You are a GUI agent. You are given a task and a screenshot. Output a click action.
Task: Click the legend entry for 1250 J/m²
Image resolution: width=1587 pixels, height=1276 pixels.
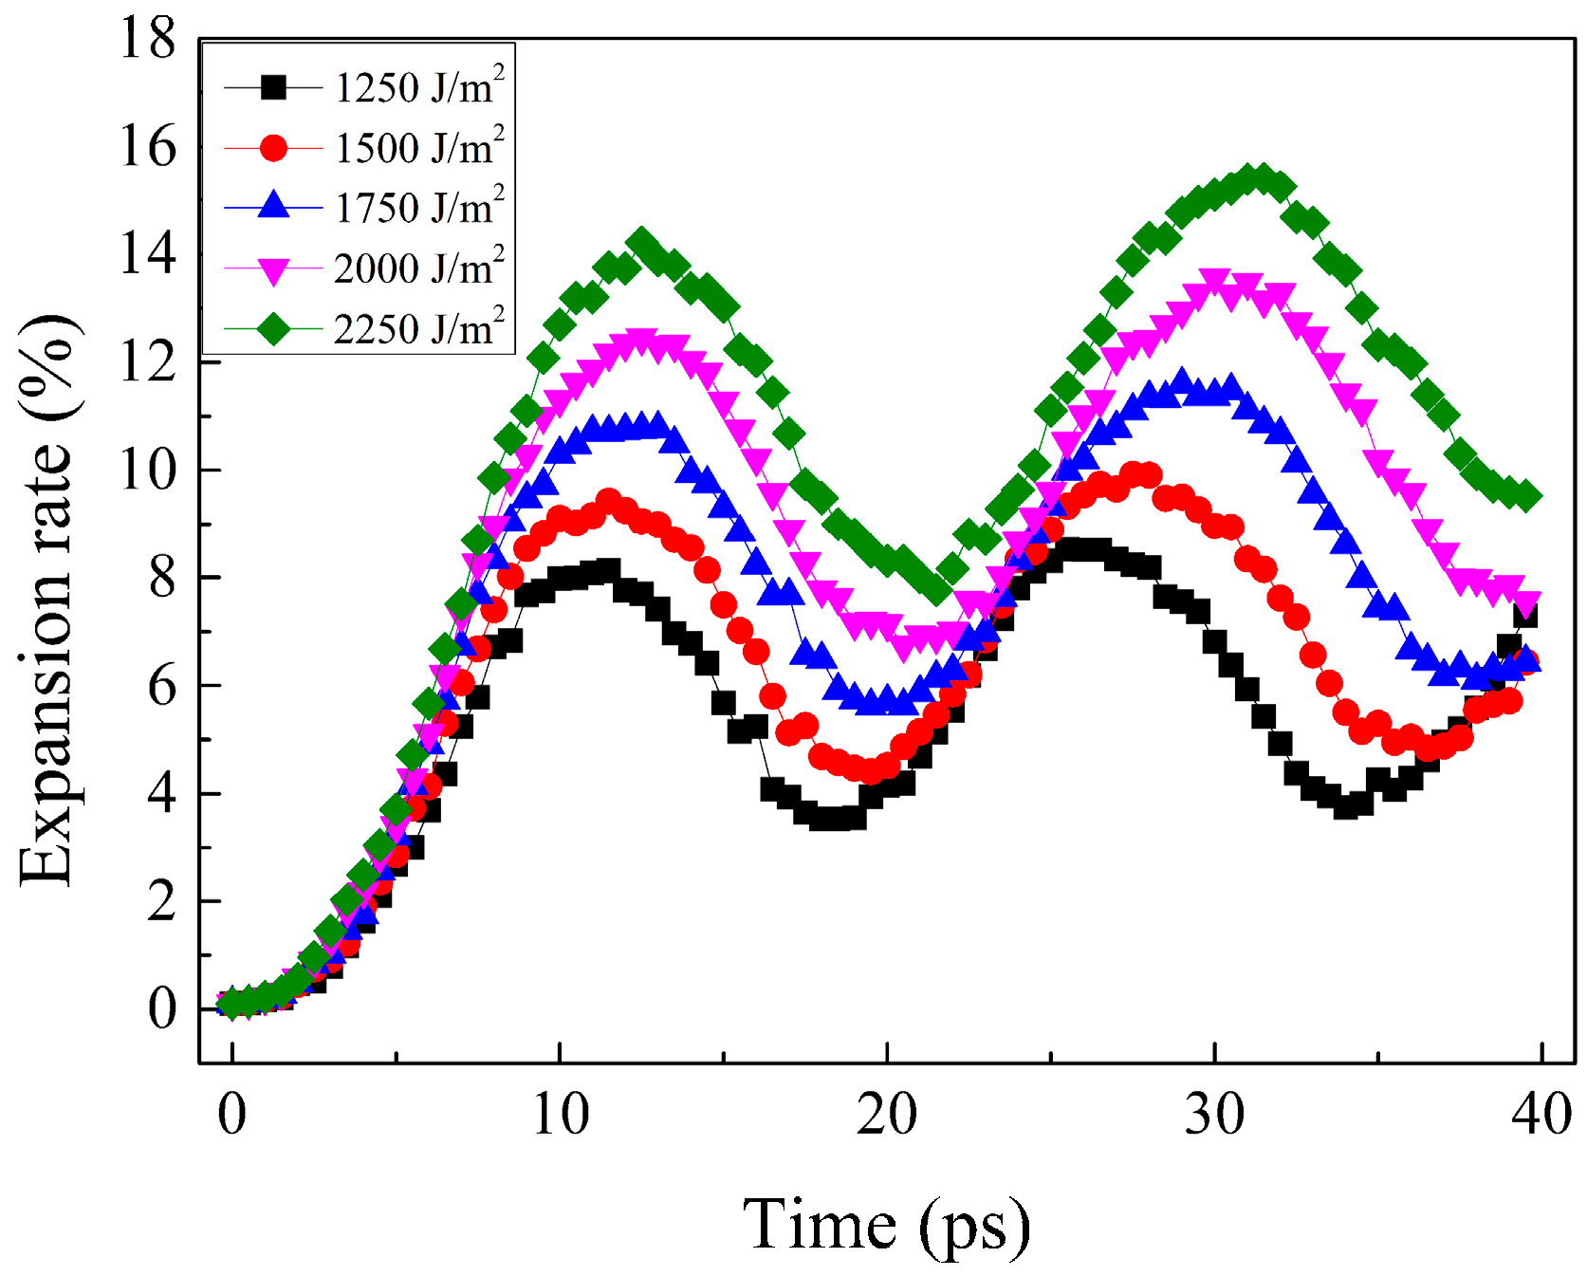pos(418,88)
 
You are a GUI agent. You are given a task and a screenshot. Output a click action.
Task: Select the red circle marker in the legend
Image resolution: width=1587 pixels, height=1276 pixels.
pos(273,148)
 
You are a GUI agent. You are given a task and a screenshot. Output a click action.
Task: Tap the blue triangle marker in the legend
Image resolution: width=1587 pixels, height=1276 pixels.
pos(273,206)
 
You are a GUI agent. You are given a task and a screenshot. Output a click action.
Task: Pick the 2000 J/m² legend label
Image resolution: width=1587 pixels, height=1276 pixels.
pos(418,268)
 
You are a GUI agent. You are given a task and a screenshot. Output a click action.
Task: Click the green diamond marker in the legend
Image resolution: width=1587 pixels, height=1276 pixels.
pos(273,329)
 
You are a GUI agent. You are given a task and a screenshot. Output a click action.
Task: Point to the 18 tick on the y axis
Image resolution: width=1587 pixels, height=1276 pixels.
pos(147,40)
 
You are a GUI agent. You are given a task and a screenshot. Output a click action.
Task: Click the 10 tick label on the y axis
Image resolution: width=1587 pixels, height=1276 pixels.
pos(147,470)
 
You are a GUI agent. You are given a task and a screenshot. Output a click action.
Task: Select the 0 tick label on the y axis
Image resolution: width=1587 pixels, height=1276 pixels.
pos(161,1008)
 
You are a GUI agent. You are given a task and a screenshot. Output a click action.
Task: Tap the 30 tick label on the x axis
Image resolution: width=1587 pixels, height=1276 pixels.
pos(1214,1114)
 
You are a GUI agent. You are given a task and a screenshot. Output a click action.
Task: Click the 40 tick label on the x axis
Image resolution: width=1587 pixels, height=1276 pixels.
pos(1541,1114)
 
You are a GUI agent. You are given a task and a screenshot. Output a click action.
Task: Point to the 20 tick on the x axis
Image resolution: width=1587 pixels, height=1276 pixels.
pos(887,1114)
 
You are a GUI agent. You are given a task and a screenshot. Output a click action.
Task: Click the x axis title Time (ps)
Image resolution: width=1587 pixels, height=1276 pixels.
pos(886,1225)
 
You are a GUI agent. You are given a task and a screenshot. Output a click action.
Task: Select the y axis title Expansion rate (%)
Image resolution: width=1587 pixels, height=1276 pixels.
pos(47,600)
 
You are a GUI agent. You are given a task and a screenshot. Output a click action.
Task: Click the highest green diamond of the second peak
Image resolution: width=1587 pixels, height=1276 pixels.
pos(1262,177)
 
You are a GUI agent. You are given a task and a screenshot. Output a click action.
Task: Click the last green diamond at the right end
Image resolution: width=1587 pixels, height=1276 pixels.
pos(1526,495)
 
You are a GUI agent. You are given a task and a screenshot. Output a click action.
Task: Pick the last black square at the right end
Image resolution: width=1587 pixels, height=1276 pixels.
pos(1524,616)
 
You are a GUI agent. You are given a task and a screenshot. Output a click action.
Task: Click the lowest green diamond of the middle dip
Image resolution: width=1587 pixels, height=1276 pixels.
pos(936,590)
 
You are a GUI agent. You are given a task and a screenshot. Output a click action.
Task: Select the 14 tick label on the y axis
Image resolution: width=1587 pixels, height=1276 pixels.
pos(147,255)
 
